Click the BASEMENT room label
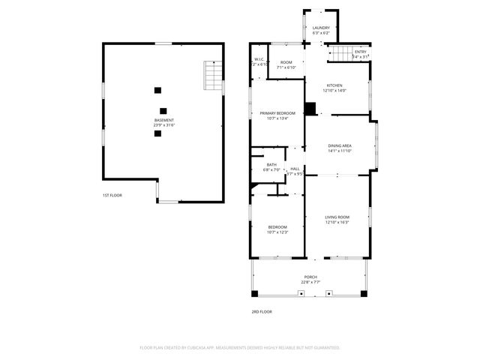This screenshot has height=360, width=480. pyautogui.click(x=164, y=120)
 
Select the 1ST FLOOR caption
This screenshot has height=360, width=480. pyautogui.click(x=112, y=195)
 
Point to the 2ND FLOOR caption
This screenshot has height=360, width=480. pyautogui.click(x=261, y=310)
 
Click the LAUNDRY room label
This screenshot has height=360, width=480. pyautogui.click(x=321, y=28)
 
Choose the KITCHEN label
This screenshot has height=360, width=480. pyautogui.click(x=334, y=85)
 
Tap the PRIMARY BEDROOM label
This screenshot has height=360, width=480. pyautogui.click(x=277, y=112)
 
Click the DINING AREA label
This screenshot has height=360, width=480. pyautogui.click(x=340, y=145)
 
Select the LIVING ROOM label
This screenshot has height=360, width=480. pyautogui.click(x=337, y=217)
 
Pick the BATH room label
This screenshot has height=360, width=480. pyautogui.click(x=271, y=165)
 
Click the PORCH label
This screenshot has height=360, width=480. pyautogui.click(x=310, y=277)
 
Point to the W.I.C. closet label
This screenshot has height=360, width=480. pyautogui.click(x=259, y=60)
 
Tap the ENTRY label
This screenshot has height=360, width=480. pyautogui.click(x=361, y=52)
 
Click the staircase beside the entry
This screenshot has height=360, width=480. pyautogui.click(x=341, y=54)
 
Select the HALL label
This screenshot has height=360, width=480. pyautogui.click(x=295, y=169)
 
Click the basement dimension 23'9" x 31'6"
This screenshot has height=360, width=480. pyautogui.click(x=164, y=125)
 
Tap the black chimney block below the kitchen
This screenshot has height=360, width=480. pyautogui.click(x=310, y=108)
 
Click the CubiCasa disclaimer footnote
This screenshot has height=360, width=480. pyautogui.click(x=240, y=347)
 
